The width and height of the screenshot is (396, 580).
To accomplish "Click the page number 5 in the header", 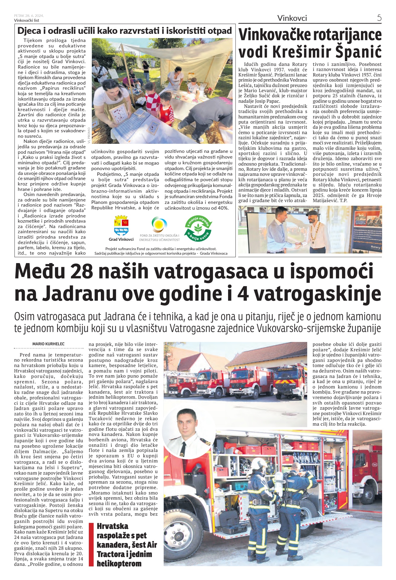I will pyautogui.click(x=379, y=18).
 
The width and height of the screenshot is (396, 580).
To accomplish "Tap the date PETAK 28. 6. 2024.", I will pyautogui.click(x=29, y=16).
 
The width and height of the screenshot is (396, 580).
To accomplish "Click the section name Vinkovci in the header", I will pyautogui.click(x=292, y=18).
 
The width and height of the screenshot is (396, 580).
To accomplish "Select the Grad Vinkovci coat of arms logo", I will pyautogui.click(x=121, y=225).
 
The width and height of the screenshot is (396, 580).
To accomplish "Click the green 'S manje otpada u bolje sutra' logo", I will pyautogui.click(x=198, y=228).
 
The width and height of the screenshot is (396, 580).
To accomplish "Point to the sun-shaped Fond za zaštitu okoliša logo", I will pyautogui.click(x=159, y=224).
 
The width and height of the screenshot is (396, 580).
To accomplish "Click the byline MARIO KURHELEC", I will pyautogui.click(x=48, y=344).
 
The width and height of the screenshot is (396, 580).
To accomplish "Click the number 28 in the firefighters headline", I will pyautogui.click(x=81, y=271).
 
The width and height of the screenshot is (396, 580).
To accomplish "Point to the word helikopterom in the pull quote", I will pyautogui.click(x=119, y=564).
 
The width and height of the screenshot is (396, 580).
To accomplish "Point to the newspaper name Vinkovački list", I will pyautogui.click(x=27, y=20).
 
